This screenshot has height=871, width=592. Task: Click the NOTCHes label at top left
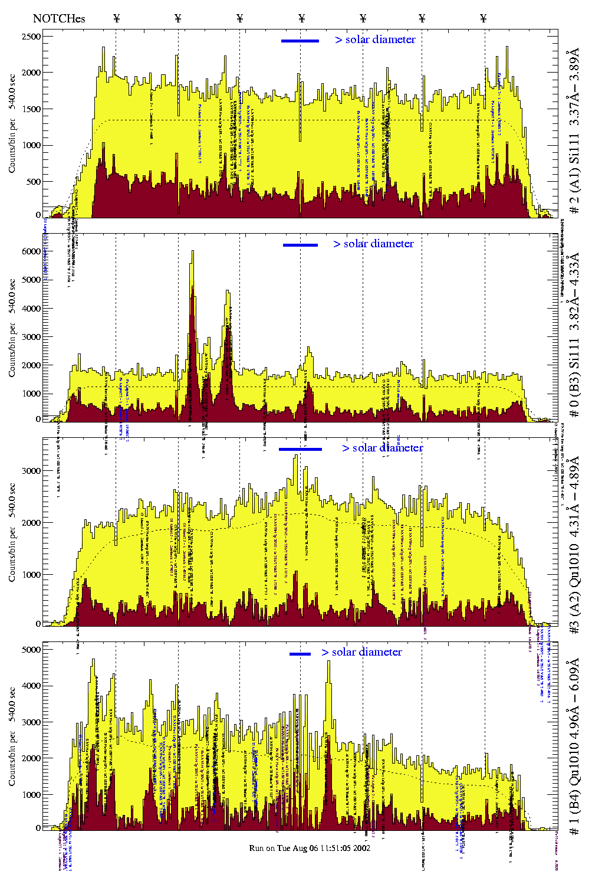(58, 18)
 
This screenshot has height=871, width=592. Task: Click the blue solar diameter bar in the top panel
(300, 41)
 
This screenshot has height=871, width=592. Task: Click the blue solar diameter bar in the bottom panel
(300, 654)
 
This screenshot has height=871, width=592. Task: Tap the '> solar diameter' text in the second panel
(373, 244)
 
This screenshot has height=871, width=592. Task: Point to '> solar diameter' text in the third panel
(382, 448)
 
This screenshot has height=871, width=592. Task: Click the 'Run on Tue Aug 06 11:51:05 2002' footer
(310, 848)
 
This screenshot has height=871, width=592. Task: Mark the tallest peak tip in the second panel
(192, 251)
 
